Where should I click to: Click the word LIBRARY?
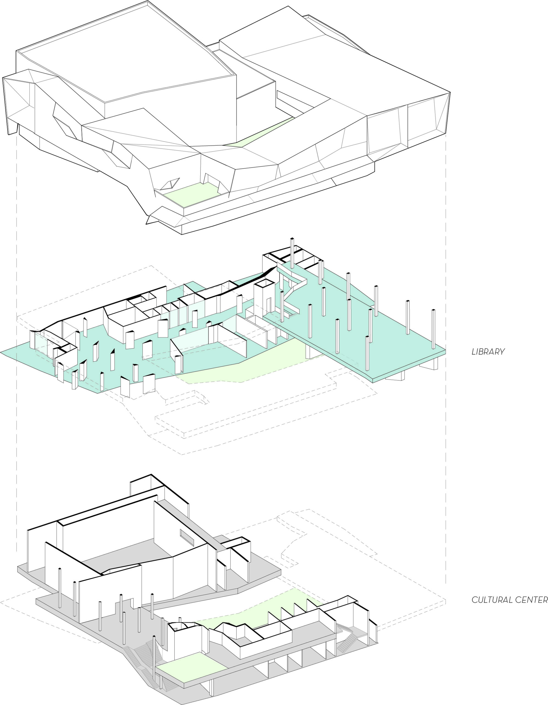pos(488,351)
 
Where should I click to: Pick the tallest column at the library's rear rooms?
pos(292,253)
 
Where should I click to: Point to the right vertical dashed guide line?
pos(446,358)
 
